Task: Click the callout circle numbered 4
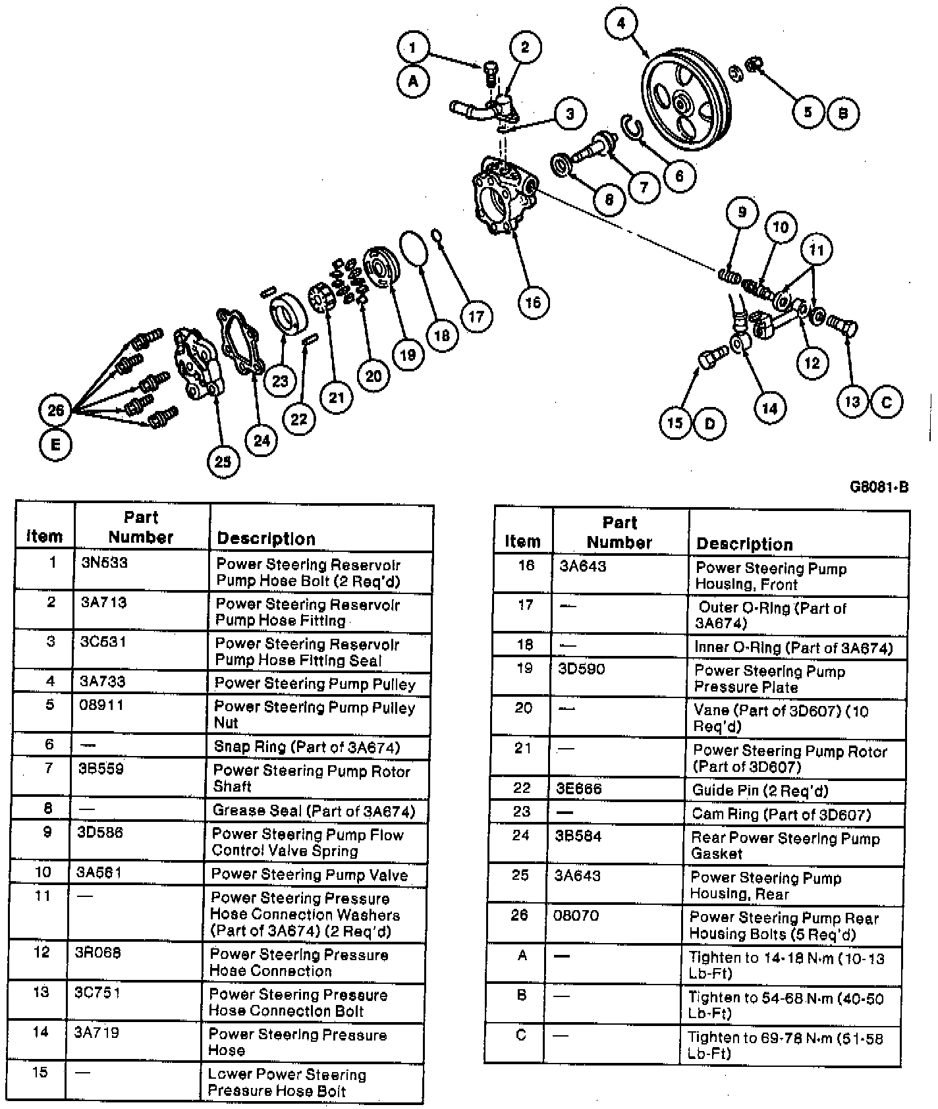[x=621, y=24]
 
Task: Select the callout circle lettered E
[x=55, y=445]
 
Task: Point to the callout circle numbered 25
[x=223, y=461]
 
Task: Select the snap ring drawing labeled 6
[x=632, y=127]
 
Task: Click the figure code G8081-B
[x=879, y=487]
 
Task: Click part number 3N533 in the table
[x=105, y=563]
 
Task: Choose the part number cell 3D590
[x=581, y=669]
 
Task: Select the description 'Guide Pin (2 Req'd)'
[x=759, y=790]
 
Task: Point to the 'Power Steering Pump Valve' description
[x=309, y=875]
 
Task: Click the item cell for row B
[x=522, y=995]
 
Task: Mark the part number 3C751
[x=97, y=992]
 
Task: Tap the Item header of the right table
[x=522, y=542]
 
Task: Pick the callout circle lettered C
[x=886, y=402]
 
